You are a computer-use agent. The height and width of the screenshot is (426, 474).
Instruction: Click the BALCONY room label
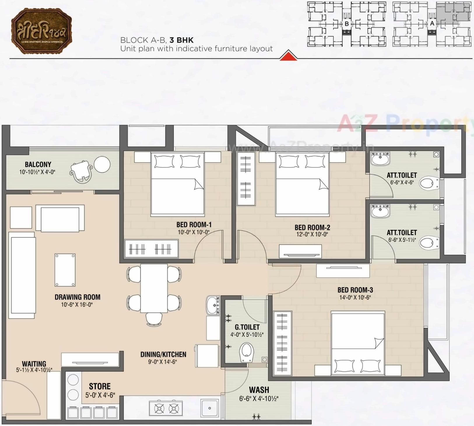[x=38, y=165]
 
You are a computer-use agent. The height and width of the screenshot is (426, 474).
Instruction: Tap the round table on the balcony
[x=102, y=165]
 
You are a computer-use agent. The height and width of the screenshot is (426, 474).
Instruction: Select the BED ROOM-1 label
[x=194, y=225]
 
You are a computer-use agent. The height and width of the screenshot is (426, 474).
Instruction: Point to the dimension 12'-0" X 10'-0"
[x=312, y=234]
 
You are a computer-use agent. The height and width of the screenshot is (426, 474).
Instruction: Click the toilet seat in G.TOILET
[x=246, y=352]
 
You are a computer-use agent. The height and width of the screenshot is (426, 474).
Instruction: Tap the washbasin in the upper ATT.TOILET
[x=380, y=159]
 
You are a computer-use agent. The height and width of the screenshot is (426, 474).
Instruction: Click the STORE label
[x=100, y=387]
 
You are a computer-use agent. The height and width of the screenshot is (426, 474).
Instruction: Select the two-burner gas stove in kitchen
[x=166, y=408]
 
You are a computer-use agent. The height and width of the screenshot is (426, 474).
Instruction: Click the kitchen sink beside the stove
[x=209, y=408]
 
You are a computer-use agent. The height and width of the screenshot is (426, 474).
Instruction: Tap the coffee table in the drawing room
[x=65, y=270]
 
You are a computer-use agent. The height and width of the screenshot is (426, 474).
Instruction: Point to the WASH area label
[x=259, y=390]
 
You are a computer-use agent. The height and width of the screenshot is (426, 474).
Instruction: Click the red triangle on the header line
[x=288, y=55]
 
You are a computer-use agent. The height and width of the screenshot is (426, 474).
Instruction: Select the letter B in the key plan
[x=347, y=24]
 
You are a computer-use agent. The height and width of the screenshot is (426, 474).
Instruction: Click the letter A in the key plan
[x=432, y=23]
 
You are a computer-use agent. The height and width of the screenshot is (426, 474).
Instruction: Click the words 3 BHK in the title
[x=181, y=40]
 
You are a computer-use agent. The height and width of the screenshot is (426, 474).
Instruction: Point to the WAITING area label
[x=34, y=364]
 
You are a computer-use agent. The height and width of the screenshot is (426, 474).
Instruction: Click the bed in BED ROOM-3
[x=358, y=343]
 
